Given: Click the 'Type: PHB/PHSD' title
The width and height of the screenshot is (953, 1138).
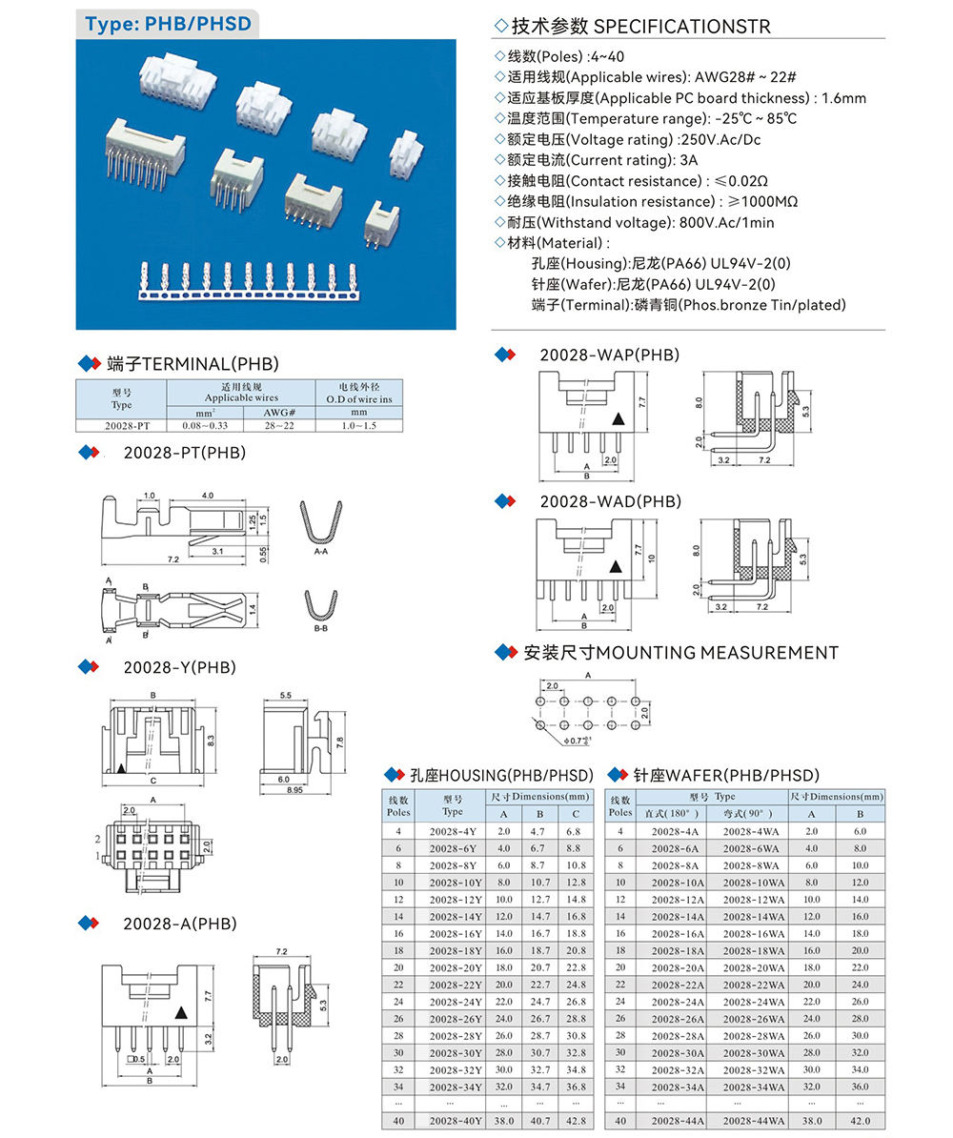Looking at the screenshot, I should coord(168,23).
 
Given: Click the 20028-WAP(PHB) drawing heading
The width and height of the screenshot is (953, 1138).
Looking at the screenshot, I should coord(609,355).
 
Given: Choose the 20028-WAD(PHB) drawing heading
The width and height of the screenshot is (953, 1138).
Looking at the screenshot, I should coord(610,500).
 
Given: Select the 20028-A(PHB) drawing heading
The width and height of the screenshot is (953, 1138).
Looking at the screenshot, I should coord(179,924).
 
